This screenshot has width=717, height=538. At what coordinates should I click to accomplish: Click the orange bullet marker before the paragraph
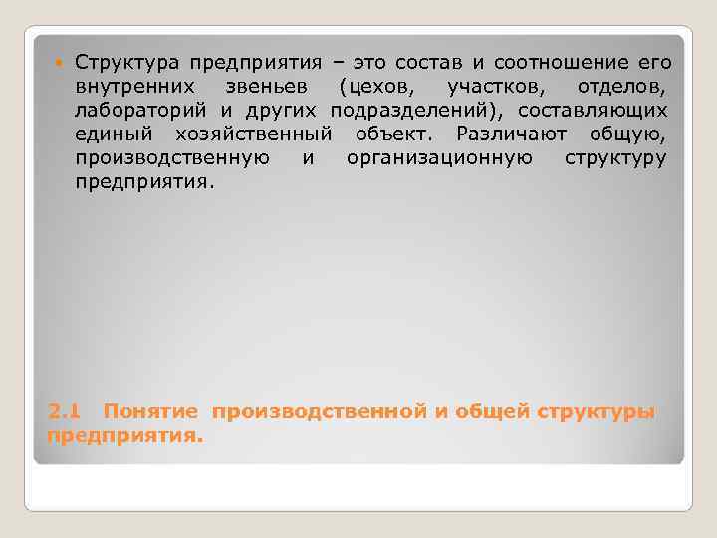coord(58,63)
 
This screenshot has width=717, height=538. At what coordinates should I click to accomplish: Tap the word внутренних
coord(122,87)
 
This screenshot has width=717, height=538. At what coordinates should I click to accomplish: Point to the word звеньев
coord(263,87)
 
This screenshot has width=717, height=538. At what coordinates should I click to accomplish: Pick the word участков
coord(493,87)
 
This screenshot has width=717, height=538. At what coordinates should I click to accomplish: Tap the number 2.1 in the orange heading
coord(63,411)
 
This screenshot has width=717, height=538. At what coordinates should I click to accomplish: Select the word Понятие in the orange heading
coord(152,411)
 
